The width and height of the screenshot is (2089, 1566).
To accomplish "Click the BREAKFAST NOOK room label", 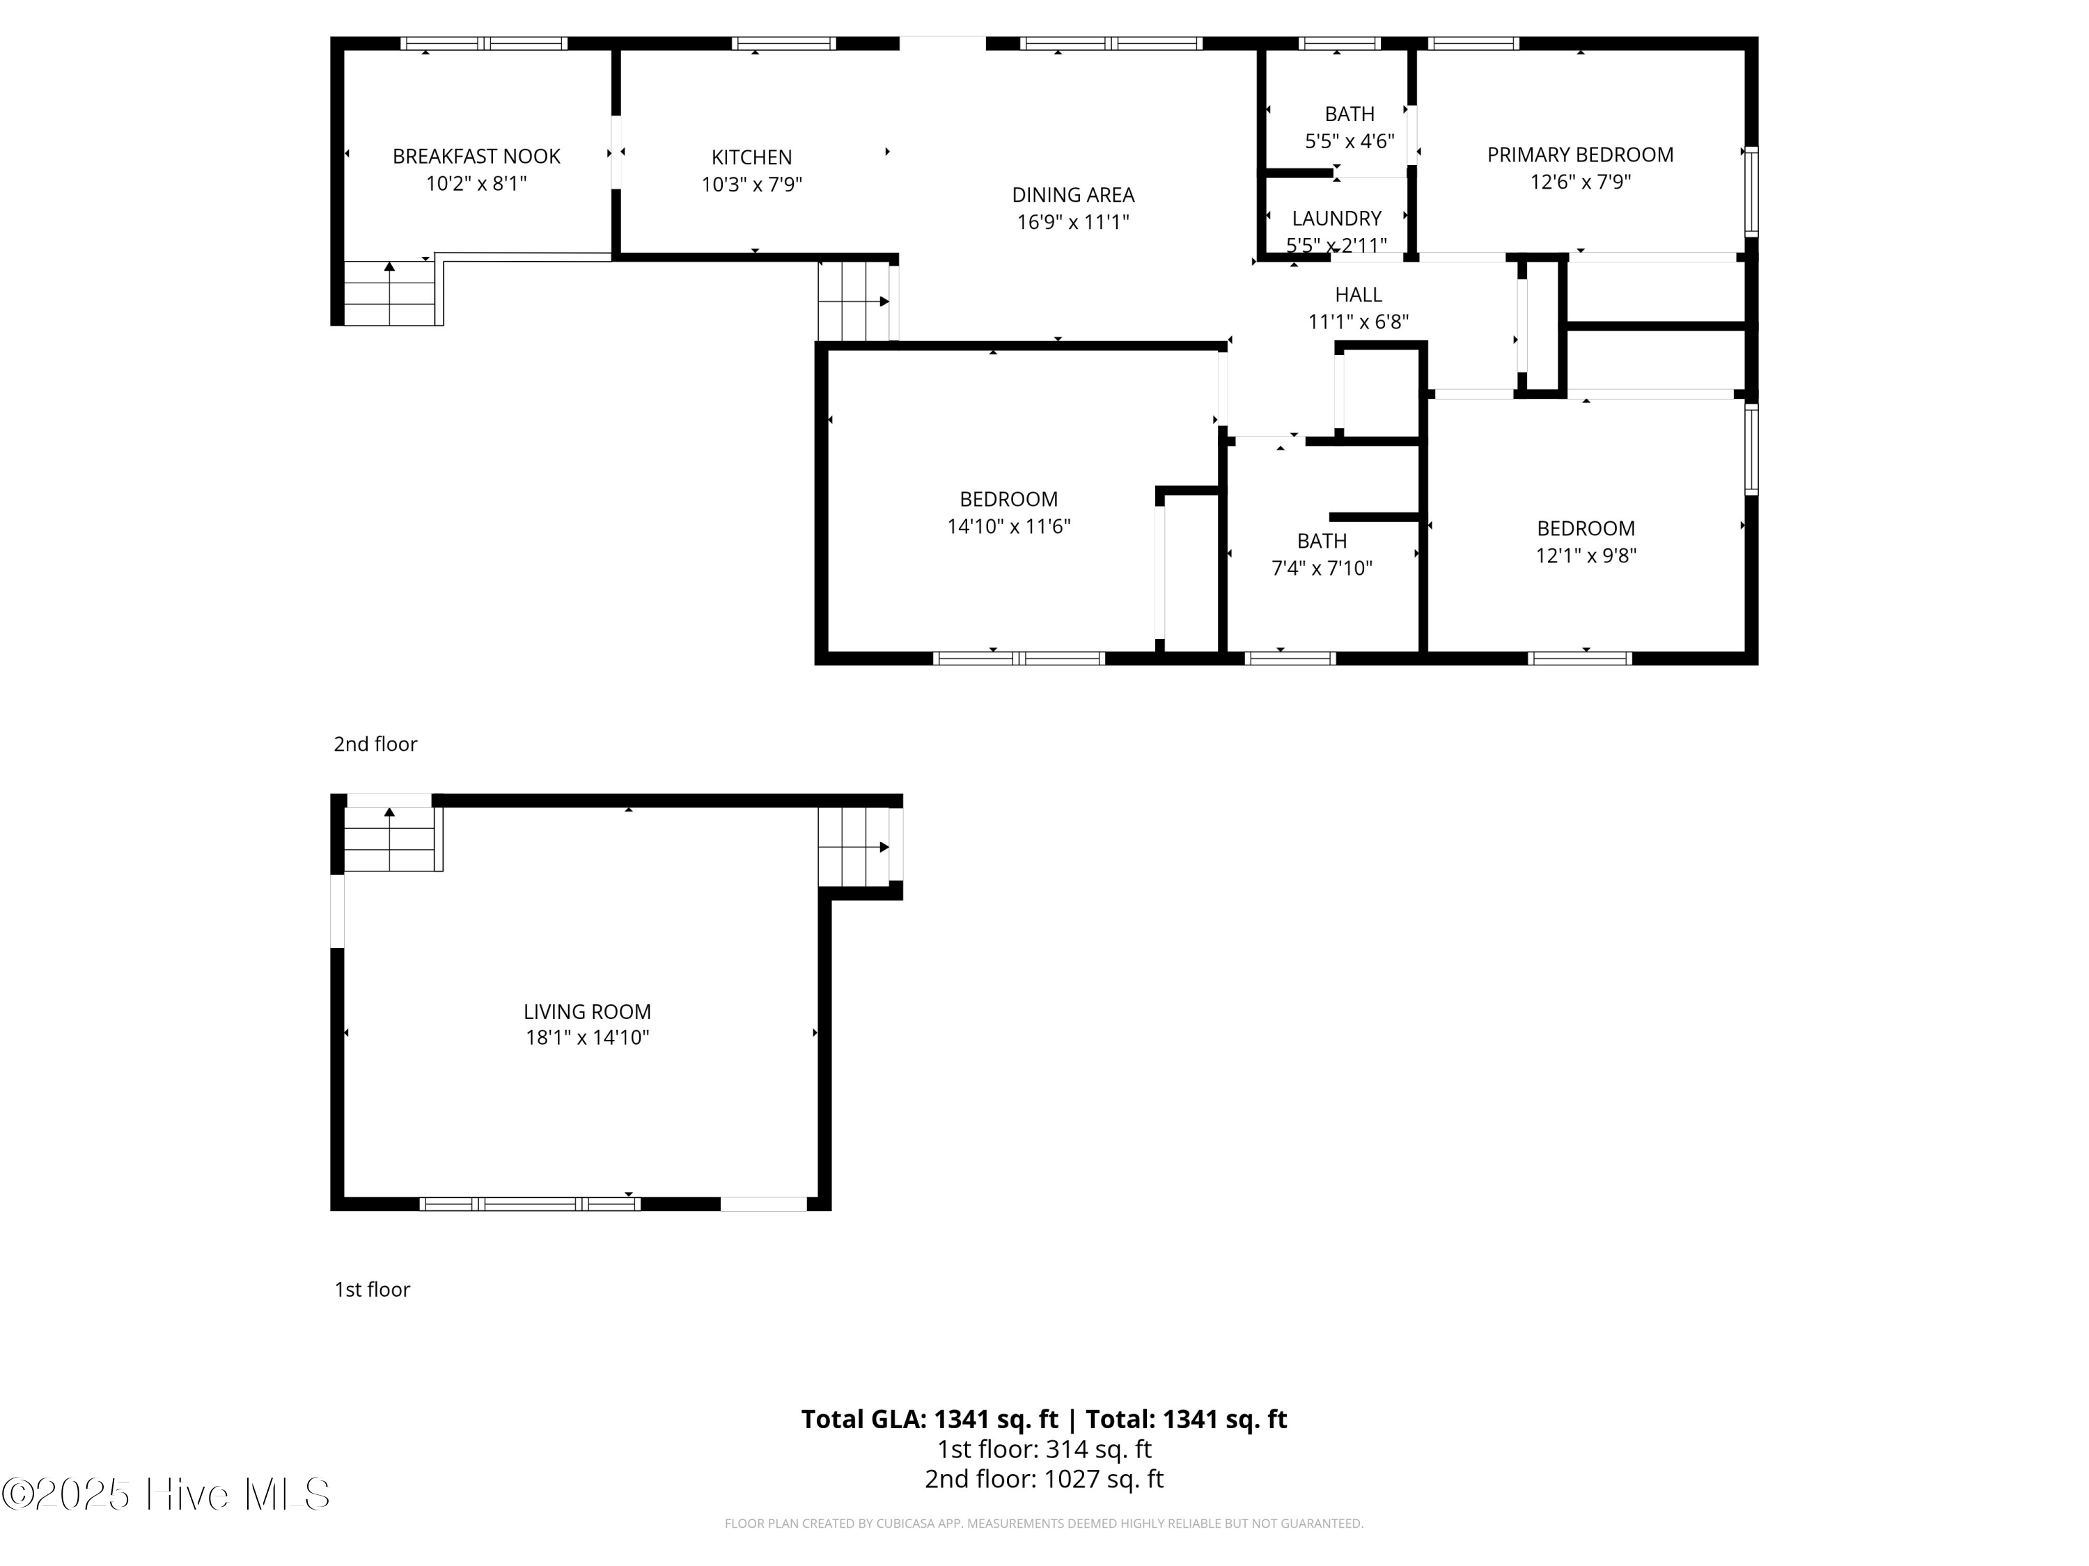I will click(476, 156).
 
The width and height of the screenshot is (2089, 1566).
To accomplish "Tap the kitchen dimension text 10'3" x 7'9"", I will click(752, 184).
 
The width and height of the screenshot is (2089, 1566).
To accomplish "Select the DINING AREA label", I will click(1073, 194).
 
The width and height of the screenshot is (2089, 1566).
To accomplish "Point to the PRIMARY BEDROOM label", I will click(1580, 155).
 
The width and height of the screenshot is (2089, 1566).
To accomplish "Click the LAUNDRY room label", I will click(1336, 218).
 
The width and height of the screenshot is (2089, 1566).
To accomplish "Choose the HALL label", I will click(1358, 294).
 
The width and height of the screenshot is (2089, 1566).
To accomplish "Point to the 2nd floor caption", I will click(375, 744).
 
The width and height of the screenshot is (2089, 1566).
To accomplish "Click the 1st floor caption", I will click(372, 1290).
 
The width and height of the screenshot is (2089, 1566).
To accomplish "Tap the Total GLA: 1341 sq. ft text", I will click(930, 1418).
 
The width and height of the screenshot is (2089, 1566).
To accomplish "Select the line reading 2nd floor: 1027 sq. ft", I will click(1044, 1479).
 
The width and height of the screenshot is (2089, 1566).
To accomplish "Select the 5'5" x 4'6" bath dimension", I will click(1349, 141).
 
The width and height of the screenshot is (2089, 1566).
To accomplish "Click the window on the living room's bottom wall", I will click(530, 1203).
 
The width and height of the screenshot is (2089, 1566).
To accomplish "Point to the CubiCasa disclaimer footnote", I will click(1044, 1524).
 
